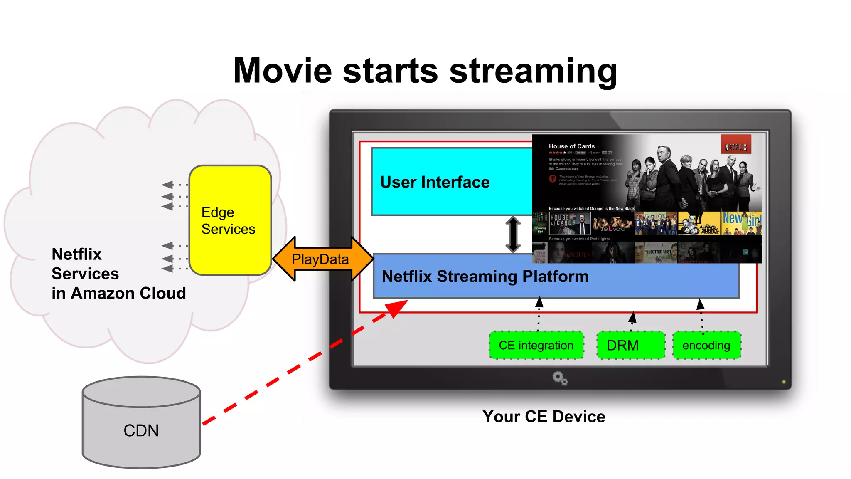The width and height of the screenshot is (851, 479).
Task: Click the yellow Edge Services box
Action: click(230, 220)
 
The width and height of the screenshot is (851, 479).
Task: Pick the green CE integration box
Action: click(536, 345)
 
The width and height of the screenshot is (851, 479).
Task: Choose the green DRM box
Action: click(630, 345)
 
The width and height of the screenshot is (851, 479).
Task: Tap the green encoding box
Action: click(706, 345)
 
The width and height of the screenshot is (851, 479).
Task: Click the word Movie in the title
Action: click(283, 71)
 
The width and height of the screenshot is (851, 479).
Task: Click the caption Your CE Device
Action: click(544, 417)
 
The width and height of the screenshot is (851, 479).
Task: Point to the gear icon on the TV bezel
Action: click(560, 378)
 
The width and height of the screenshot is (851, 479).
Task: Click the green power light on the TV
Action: click(784, 382)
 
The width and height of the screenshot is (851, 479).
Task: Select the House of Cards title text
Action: click(571, 146)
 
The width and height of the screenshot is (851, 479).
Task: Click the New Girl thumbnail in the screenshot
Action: click(742, 224)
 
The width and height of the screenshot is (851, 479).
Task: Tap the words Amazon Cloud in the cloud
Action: click(128, 294)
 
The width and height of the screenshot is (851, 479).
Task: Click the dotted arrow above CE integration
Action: click(539, 314)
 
